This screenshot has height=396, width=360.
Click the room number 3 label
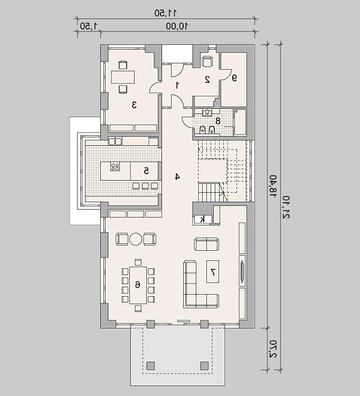tap(134, 105)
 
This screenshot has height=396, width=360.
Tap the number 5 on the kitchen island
tap(146, 171)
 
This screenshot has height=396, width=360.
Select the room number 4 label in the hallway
tap(177, 177)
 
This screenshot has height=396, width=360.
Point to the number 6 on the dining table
tap(138, 285)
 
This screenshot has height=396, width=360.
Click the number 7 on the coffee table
tap(213, 272)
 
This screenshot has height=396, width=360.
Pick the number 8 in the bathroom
tap(217, 121)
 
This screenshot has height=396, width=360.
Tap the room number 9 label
tap(234, 78)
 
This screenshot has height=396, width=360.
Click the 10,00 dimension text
tap(177, 26)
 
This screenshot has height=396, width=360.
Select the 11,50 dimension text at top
tap(165, 13)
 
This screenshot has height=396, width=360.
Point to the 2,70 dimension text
tap(273, 348)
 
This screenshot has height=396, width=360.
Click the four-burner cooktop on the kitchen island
tap(115, 167)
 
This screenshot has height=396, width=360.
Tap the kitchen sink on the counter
tap(115, 141)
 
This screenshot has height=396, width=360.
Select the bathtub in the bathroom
tap(240, 122)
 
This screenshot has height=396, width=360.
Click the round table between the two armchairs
tap(136, 239)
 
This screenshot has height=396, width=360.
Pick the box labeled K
tap(203, 220)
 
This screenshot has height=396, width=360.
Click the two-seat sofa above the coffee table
tap(206, 244)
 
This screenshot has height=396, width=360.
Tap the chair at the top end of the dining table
tap(138, 262)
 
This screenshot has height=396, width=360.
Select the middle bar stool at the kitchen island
tap(145, 186)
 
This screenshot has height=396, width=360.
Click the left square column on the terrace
tap(151, 365)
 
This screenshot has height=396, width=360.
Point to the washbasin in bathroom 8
tap(207, 112)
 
